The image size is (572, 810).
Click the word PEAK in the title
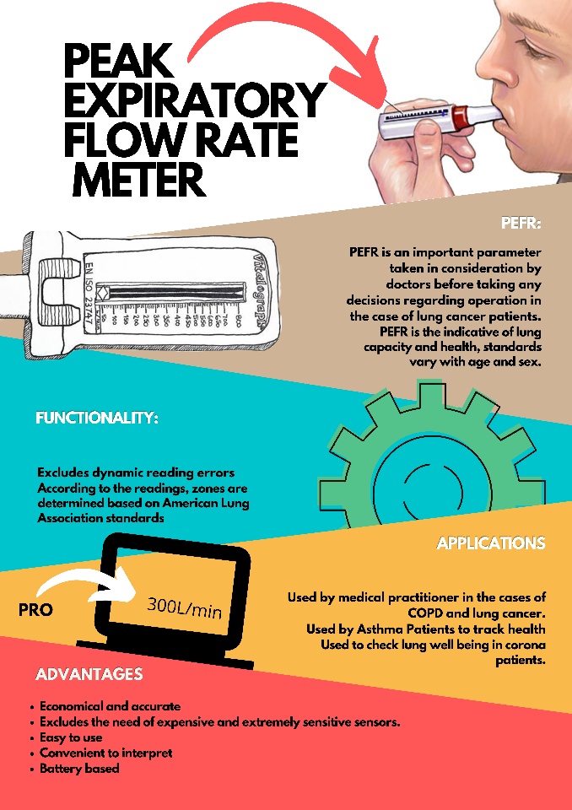click(118, 62)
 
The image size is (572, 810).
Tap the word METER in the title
click(139, 179)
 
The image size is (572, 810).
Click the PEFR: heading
click(521, 224)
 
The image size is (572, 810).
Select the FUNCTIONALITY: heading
click(97, 418)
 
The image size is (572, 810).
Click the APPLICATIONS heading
click(490, 543)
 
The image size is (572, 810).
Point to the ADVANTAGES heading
click(89, 674)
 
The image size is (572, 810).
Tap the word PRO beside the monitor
click(35, 609)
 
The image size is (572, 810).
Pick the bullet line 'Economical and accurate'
click(110, 706)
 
